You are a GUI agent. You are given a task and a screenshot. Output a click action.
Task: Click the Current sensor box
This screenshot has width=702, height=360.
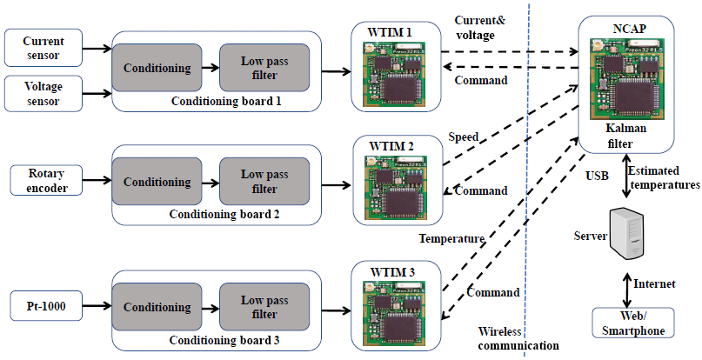(x=43, y=48)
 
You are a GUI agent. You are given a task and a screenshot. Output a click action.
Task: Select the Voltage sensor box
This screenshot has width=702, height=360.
(x=43, y=93)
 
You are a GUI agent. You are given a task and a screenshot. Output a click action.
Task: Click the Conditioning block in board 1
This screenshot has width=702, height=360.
(x=157, y=68)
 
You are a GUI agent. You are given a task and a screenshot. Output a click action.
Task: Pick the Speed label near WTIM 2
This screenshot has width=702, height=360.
(x=463, y=137)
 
